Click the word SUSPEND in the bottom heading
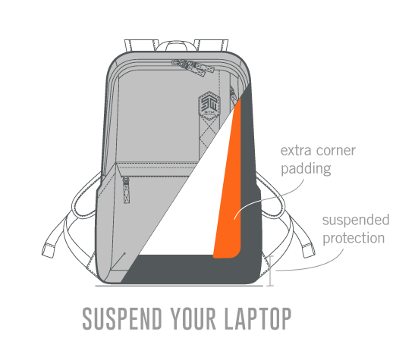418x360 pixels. (x=122, y=318)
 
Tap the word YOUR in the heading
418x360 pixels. (x=193, y=318)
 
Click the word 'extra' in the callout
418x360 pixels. (x=296, y=151)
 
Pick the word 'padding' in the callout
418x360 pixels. (x=306, y=169)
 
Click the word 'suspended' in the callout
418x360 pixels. (x=356, y=220)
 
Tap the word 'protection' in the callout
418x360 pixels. (x=354, y=238)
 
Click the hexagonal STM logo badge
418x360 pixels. (x=209, y=105)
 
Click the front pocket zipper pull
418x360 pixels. (x=126, y=190)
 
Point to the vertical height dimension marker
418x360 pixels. (x=271, y=271)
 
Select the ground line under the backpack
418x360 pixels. (x=179, y=286)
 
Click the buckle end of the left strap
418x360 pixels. (x=49, y=250)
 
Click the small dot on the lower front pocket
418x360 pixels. (x=124, y=253)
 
